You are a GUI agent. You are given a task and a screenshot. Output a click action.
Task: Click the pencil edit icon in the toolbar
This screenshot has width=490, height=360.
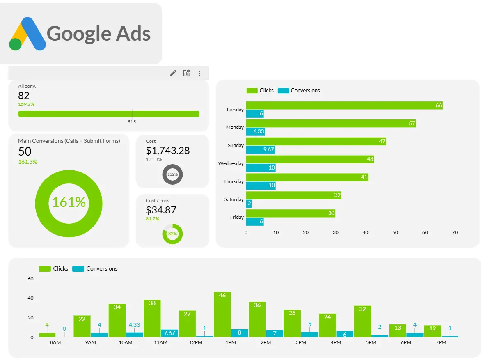click(x=173, y=73)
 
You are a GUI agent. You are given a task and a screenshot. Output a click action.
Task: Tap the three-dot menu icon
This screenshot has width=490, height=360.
click(x=199, y=73)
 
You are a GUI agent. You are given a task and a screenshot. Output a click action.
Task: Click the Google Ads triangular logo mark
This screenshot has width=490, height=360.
click(x=27, y=34)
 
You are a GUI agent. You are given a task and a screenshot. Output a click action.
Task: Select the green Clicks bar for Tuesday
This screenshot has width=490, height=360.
click(x=344, y=105)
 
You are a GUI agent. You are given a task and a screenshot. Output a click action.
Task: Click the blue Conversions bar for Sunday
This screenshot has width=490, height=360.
click(x=260, y=150)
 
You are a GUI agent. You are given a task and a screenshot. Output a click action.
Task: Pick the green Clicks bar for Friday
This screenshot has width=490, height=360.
click(x=291, y=213)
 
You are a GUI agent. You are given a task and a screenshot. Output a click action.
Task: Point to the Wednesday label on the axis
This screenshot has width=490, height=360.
click(x=231, y=163)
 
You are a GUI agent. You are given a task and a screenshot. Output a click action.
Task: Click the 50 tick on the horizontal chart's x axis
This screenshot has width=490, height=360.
click(x=395, y=232)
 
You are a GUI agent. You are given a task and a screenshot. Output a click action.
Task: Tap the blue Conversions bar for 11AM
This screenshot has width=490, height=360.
click(x=170, y=333)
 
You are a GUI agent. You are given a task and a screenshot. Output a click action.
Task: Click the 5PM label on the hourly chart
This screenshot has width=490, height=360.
click(x=371, y=342)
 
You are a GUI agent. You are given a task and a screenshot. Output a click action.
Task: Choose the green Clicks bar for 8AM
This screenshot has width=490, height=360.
click(x=47, y=335)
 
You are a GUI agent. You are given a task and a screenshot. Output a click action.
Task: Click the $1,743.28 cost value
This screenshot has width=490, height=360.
click(x=167, y=151)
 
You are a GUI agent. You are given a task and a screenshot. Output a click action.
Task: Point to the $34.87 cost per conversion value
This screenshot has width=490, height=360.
click(x=161, y=210)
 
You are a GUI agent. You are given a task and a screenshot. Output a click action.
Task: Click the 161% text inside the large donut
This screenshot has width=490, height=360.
click(x=69, y=202)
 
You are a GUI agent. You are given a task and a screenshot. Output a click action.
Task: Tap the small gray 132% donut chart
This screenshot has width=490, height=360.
click(x=172, y=174)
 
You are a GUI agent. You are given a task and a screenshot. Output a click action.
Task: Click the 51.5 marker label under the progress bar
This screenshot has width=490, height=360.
click(x=132, y=122)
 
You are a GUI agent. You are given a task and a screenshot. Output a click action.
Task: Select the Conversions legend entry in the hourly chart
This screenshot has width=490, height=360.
click(x=95, y=268)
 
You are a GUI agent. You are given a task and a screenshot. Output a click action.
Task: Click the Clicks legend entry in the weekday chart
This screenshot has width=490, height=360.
click(x=260, y=90)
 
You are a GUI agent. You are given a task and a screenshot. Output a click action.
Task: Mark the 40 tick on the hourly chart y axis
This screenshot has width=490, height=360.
click(x=31, y=298)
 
